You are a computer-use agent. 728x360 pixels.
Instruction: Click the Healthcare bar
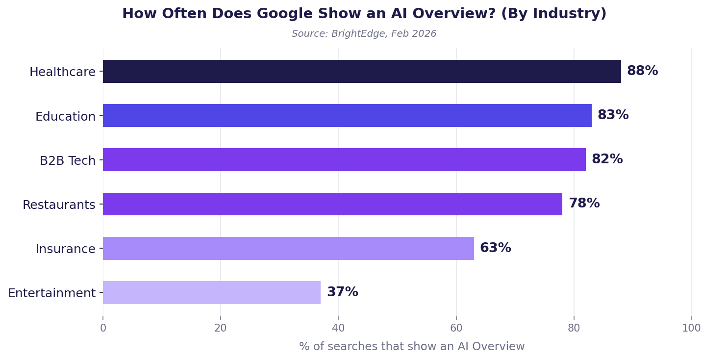(362, 72)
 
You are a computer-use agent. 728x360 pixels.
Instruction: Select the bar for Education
(347, 116)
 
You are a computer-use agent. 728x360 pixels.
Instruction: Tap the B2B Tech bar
(344, 160)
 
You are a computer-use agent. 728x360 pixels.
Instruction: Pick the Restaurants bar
(332, 204)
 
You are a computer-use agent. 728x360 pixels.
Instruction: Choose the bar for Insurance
(288, 249)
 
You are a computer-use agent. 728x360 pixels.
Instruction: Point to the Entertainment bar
(212, 293)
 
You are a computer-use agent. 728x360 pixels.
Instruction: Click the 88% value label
(642, 71)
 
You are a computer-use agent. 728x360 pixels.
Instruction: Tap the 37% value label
(342, 292)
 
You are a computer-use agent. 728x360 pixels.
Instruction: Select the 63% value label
(495, 248)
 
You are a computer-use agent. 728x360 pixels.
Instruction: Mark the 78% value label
(584, 204)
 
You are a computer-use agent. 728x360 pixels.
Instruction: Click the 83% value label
(613, 115)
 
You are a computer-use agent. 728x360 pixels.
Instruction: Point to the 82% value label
(607, 159)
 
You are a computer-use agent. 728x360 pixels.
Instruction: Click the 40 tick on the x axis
(338, 329)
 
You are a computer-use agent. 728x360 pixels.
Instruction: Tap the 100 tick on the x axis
(691, 329)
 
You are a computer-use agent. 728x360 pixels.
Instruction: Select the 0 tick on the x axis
(103, 329)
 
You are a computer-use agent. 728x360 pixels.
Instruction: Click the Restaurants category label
(59, 205)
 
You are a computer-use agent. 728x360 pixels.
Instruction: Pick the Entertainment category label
(51, 293)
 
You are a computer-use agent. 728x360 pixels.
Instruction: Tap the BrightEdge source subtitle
(364, 34)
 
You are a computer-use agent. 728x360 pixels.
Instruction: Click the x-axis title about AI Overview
(412, 347)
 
